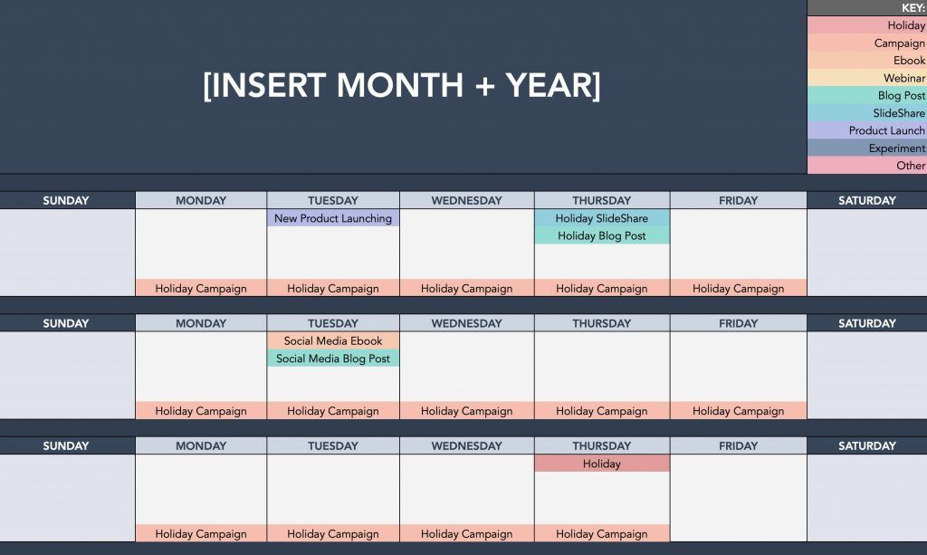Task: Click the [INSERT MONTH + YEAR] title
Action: coord(402,86)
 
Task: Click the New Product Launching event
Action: coord(333,218)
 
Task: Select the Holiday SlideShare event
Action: coord(602,218)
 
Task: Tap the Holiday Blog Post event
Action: coord(602,236)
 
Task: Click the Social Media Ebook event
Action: coord(333,341)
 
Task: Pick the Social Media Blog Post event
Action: coord(333,359)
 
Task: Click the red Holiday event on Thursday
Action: coord(602,464)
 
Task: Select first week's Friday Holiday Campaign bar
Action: coord(738,289)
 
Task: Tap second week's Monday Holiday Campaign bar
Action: coord(201,411)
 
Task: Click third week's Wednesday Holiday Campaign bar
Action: coord(466,534)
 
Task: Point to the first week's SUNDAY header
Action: coord(66,201)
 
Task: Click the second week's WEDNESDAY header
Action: coord(466,323)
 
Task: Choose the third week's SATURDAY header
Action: coord(866,445)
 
